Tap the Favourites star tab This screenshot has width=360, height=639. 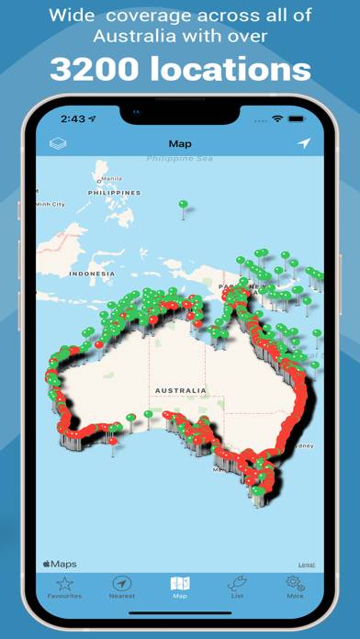tap(63, 587)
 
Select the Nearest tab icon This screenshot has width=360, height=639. tap(121, 587)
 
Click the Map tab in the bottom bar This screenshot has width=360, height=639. tap(180, 587)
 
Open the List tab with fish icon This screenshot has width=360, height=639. tap(237, 587)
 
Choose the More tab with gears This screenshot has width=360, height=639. tap(295, 587)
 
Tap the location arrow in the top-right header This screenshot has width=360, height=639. tap(304, 143)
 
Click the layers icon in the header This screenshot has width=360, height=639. tap(57, 143)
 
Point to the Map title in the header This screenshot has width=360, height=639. tap(180, 144)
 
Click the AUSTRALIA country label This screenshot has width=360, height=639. tap(180, 390)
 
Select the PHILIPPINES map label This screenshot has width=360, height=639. tap(114, 193)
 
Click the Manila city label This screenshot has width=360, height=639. tap(111, 179)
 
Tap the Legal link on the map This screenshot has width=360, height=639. tap(306, 564)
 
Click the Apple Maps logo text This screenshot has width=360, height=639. tap(60, 564)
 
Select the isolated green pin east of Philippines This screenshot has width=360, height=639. tap(183, 205)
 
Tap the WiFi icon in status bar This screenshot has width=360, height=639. tap(277, 119)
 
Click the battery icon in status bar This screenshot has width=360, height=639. tap(298, 119)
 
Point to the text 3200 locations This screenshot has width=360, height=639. tap(180, 69)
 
